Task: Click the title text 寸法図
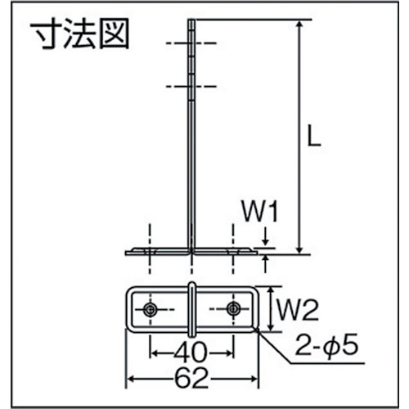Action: click(79, 34)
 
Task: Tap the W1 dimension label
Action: click(260, 213)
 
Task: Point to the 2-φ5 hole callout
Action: click(326, 344)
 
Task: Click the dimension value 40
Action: click(191, 353)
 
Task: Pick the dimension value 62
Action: click(191, 379)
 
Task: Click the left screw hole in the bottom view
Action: click(150, 309)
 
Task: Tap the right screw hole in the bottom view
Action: click(233, 309)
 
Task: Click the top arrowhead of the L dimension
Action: click(299, 25)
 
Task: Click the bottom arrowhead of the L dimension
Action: click(299, 249)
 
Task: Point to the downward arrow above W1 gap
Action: click(266, 239)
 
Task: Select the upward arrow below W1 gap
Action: click(266, 264)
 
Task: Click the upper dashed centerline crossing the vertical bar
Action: click(191, 43)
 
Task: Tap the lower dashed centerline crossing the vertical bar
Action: click(191, 87)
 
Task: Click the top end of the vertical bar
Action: click(191, 20)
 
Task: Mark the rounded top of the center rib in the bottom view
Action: click(192, 284)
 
